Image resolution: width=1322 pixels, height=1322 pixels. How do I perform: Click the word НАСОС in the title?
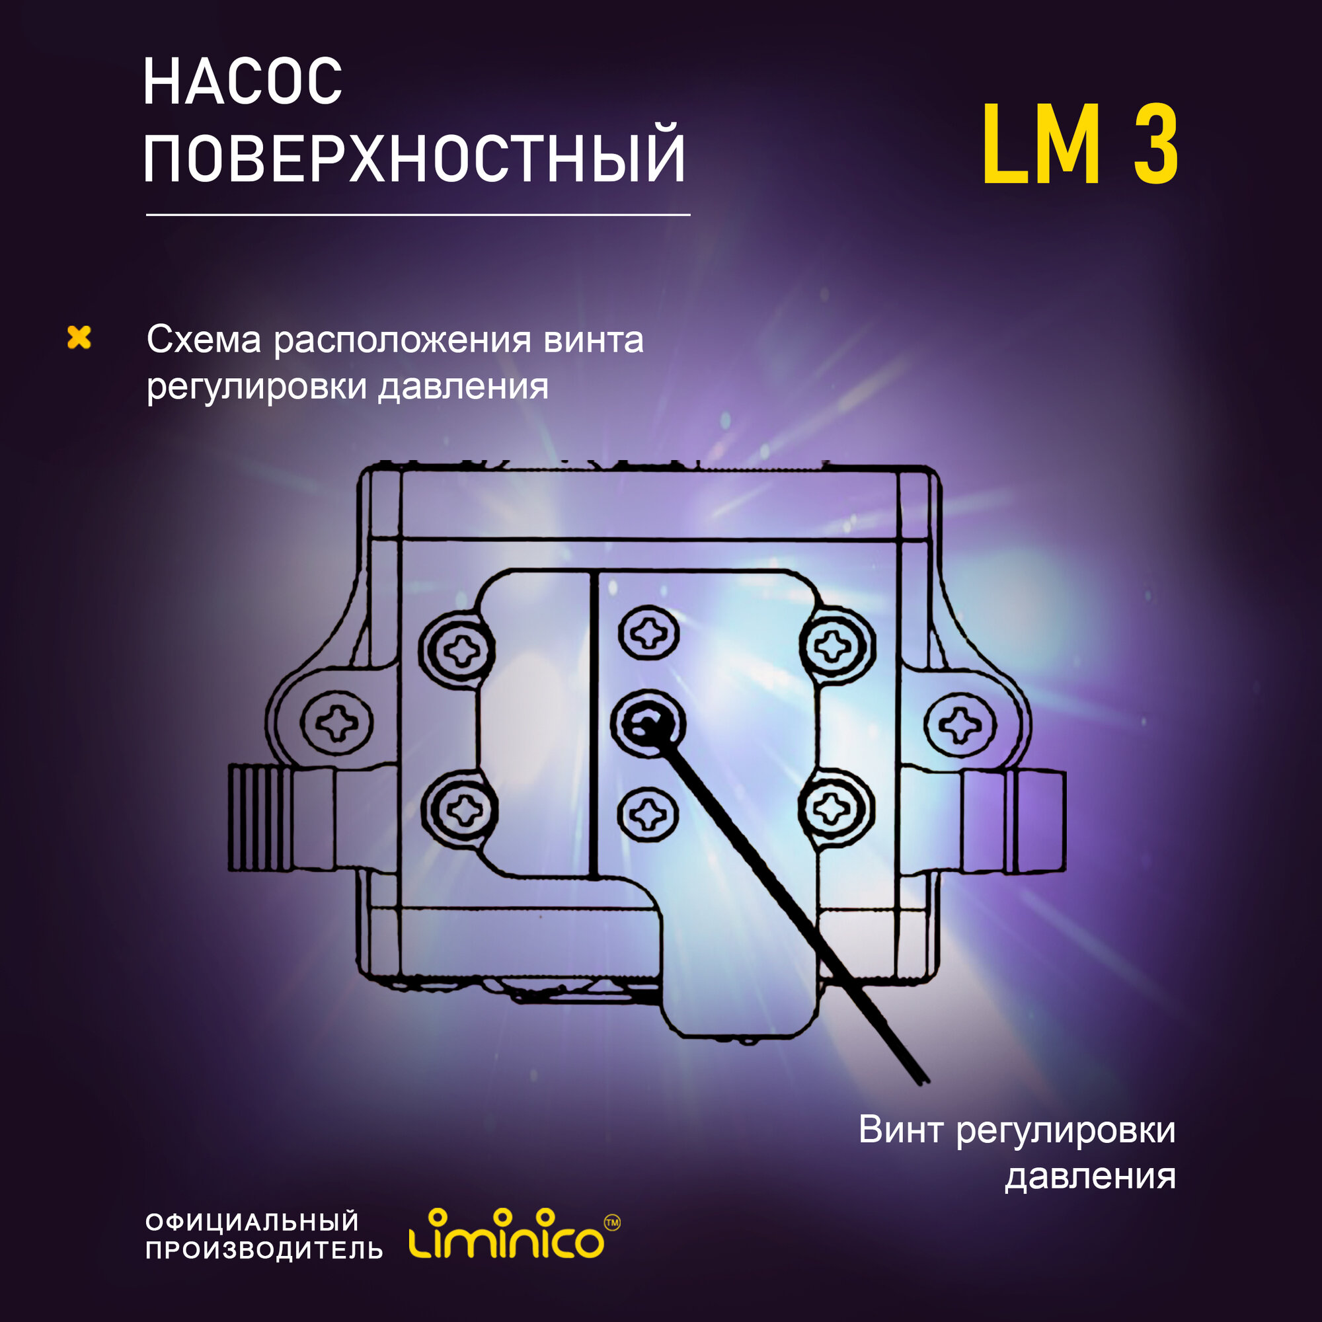(242, 82)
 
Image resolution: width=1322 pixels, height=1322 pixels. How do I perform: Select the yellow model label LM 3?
(1080, 145)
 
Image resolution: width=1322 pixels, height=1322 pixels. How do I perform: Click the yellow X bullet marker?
(79, 337)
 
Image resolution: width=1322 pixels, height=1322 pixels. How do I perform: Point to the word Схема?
(204, 340)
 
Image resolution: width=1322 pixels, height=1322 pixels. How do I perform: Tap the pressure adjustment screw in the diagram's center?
(646, 724)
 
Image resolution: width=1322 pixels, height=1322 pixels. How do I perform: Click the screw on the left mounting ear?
(337, 722)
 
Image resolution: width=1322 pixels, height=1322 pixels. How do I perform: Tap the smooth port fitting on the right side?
(1014, 822)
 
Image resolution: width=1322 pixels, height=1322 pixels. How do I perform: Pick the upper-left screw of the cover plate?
(458, 649)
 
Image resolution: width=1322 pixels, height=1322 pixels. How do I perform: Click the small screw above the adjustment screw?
(648, 633)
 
